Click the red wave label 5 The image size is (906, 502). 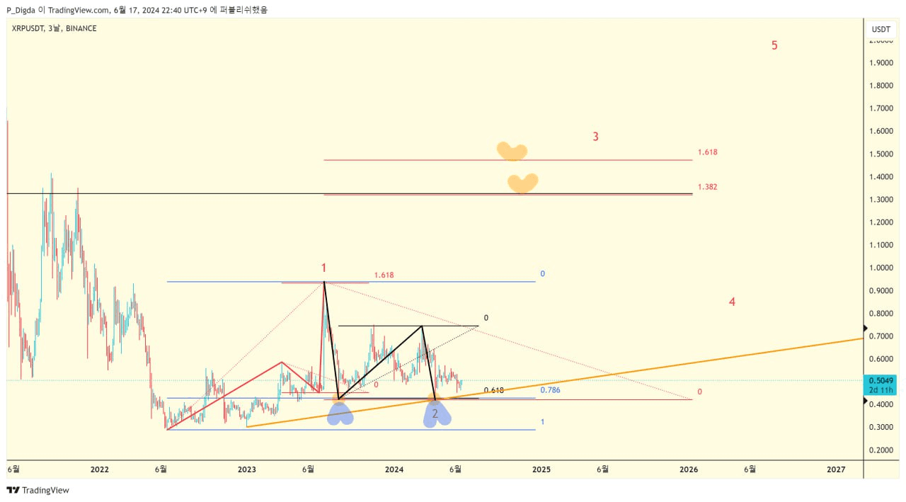[x=774, y=45]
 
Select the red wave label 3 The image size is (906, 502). [x=595, y=137]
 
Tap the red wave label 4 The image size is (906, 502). [x=732, y=302]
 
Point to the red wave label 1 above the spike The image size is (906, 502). [x=323, y=268]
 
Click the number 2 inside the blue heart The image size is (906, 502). [x=435, y=413]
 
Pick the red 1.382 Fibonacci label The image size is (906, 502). [x=707, y=187]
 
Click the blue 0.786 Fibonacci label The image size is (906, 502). [x=550, y=390]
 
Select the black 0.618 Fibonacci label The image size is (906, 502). [x=494, y=391]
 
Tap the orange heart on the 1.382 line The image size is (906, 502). [x=522, y=183]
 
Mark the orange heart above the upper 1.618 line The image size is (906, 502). [x=512, y=151]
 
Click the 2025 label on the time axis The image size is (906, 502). [x=541, y=469]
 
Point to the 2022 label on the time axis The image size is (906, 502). [x=100, y=469]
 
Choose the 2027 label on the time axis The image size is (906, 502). [x=836, y=469]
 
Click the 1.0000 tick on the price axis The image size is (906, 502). [x=882, y=268]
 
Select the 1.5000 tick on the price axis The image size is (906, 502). [x=882, y=154]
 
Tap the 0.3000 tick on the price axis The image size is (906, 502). [x=882, y=427]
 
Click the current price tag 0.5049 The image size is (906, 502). [x=882, y=380]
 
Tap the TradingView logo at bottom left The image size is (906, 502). [x=38, y=490]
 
